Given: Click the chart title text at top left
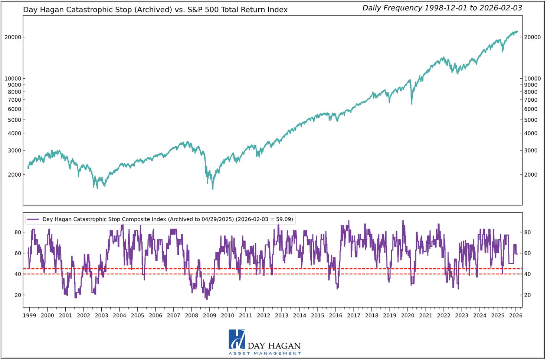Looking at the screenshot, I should [x=155, y=10].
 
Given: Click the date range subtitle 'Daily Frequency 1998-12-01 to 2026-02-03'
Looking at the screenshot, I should [x=442, y=8].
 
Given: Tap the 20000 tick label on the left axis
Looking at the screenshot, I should [x=13, y=37].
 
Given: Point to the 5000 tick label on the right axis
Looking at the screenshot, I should [x=531, y=120].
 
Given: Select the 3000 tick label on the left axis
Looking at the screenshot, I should [x=14, y=151].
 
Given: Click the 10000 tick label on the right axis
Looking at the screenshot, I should [x=532, y=78].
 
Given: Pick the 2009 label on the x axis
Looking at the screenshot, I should [x=209, y=315].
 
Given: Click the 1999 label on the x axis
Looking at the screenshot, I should [x=29, y=315].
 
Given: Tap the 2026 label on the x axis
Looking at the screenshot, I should [x=515, y=315].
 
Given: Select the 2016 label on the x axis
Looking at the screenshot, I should [x=335, y=315].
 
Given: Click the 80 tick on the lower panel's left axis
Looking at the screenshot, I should [x=17, y=232].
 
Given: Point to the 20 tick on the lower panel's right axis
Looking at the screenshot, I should [x=527, y=295].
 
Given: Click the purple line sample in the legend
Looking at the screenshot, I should [x=33, y=219].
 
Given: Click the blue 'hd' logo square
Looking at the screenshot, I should [x=237, y=339].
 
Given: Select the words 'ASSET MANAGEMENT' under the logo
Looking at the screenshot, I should [x=265, y=353].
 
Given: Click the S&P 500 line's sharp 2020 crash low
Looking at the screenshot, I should [x=412, y=104].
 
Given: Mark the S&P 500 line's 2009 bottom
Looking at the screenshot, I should [x=213, y=189].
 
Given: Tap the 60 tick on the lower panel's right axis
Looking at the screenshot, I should [x=527, y=253].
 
